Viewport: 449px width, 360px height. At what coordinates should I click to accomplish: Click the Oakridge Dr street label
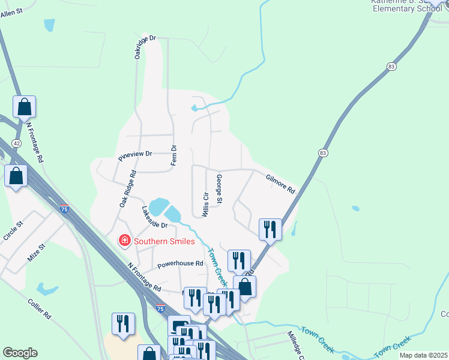pos(145,47)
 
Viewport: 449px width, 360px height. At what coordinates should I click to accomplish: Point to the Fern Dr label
pos(174,155)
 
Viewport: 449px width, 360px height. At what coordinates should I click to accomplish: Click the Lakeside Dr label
pos(154,217)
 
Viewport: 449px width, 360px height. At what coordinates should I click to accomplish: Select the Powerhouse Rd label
pos(180,263)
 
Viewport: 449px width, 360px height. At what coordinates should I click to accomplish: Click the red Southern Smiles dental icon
pos(125,241)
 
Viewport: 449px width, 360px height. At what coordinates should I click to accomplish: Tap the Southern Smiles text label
pos(164,241)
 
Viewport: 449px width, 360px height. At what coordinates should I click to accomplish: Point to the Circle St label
pos(13,231)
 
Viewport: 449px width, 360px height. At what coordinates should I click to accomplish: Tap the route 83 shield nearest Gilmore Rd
pos(324,154)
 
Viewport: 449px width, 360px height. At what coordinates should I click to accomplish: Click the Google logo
pos(20,353)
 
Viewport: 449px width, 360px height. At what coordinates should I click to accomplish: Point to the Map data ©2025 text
pos(424,355)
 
